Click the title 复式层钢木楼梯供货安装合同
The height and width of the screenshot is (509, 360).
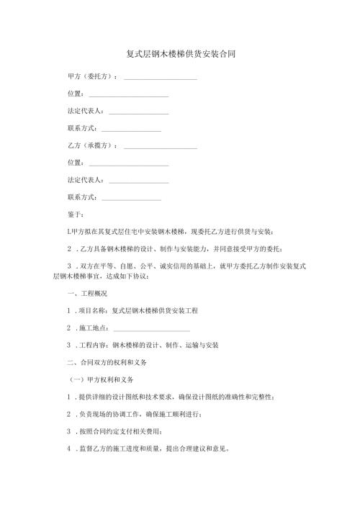click(x=180, y=54)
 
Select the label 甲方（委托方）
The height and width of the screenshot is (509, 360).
click(x=93, y=75)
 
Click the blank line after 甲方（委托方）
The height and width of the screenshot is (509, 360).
click(x=161, y=76)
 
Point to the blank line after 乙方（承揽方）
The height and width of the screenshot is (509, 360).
click(x=161, y=146)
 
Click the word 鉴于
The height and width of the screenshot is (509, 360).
click(x=74, y=214)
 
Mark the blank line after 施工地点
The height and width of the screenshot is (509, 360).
click(x=157, y=330)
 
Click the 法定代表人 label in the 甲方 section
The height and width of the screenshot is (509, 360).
click(x=84, y=110)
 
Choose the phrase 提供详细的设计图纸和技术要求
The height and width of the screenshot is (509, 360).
click(x=130, y=397)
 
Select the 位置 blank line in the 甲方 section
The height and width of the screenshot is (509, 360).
click(x=127, y=94)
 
